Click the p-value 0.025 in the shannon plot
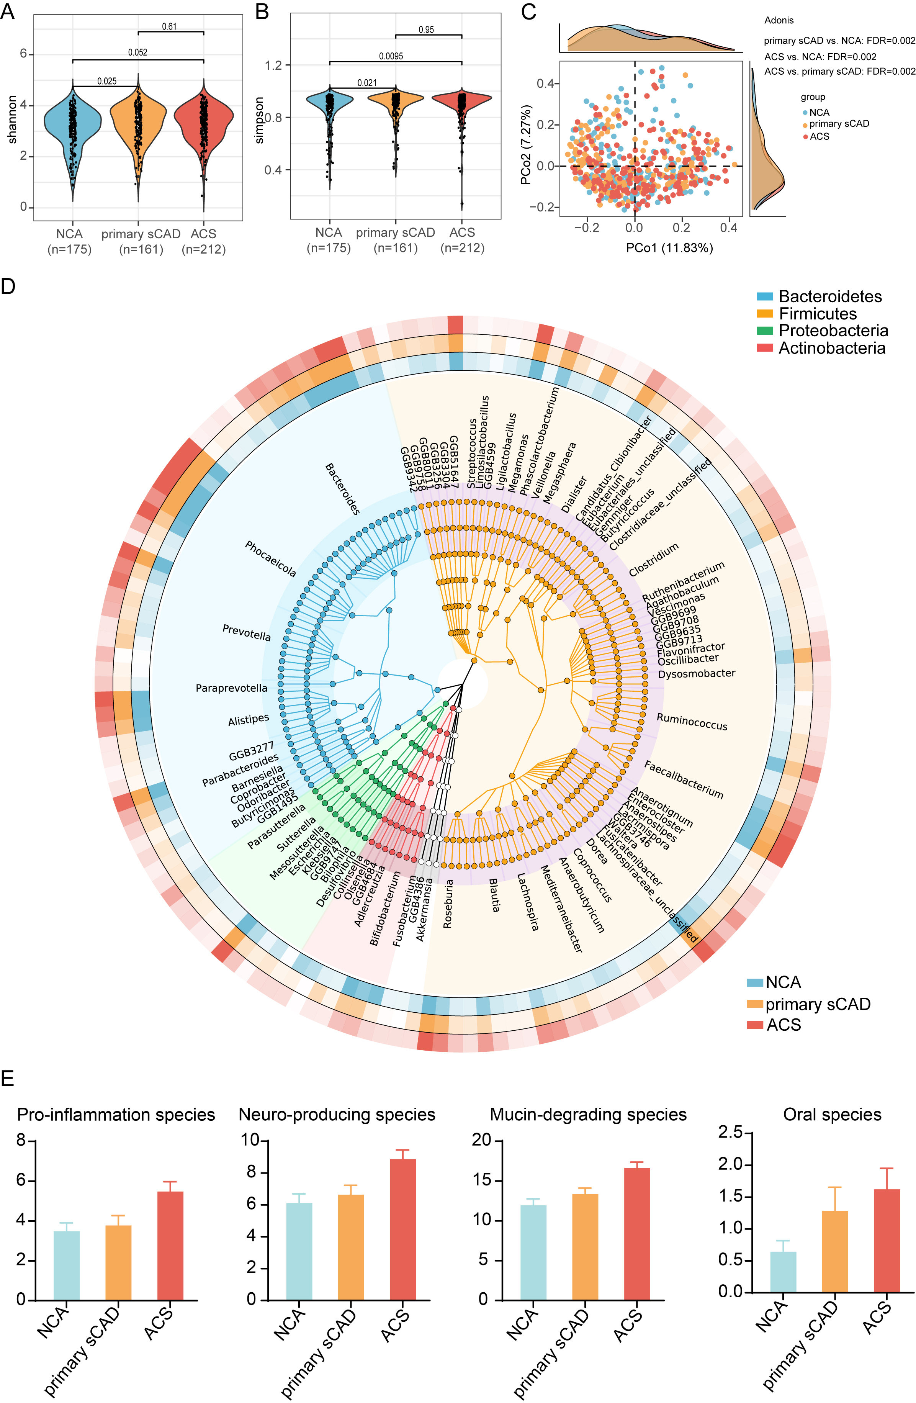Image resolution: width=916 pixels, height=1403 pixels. pyautogui.click(x=107, y=81)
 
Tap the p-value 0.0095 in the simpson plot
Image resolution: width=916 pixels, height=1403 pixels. pyautogui.click(x=391, y=56)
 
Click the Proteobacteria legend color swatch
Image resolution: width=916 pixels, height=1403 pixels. pyautogui.click(x=764, y=331)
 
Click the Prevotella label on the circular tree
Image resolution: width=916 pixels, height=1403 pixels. pyautogui.click(x=246, y=632)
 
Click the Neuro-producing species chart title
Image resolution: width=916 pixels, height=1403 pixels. pyautogui.click(x=337, y=1114)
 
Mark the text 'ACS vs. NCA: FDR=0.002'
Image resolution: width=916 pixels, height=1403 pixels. pyautogui.click(x=820, y=57)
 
